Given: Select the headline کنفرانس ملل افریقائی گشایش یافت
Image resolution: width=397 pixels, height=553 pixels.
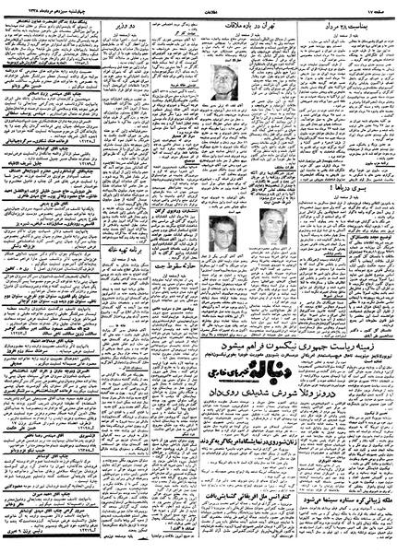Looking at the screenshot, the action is [x=238, y=494].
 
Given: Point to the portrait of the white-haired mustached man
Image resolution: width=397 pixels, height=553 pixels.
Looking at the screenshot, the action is [x=270, y=226].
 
